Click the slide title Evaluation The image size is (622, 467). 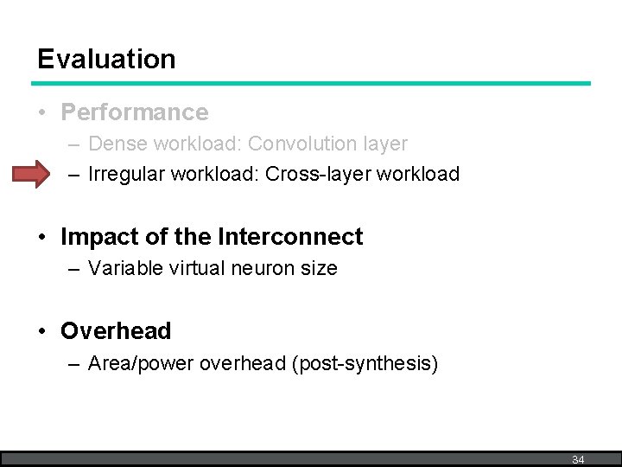[x=106, y=59]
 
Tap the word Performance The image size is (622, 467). [x=134, y=112]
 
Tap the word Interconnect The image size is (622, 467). [x=290, y=237]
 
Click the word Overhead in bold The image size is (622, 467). [x=116, y=331]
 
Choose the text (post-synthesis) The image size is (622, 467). [x=365, y=363]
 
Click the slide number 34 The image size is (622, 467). [x=578, y=459]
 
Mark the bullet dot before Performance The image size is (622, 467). [x=43, y=113]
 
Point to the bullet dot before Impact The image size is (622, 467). [x=43, y=238]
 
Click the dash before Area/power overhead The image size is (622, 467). [x=73, y=364]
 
